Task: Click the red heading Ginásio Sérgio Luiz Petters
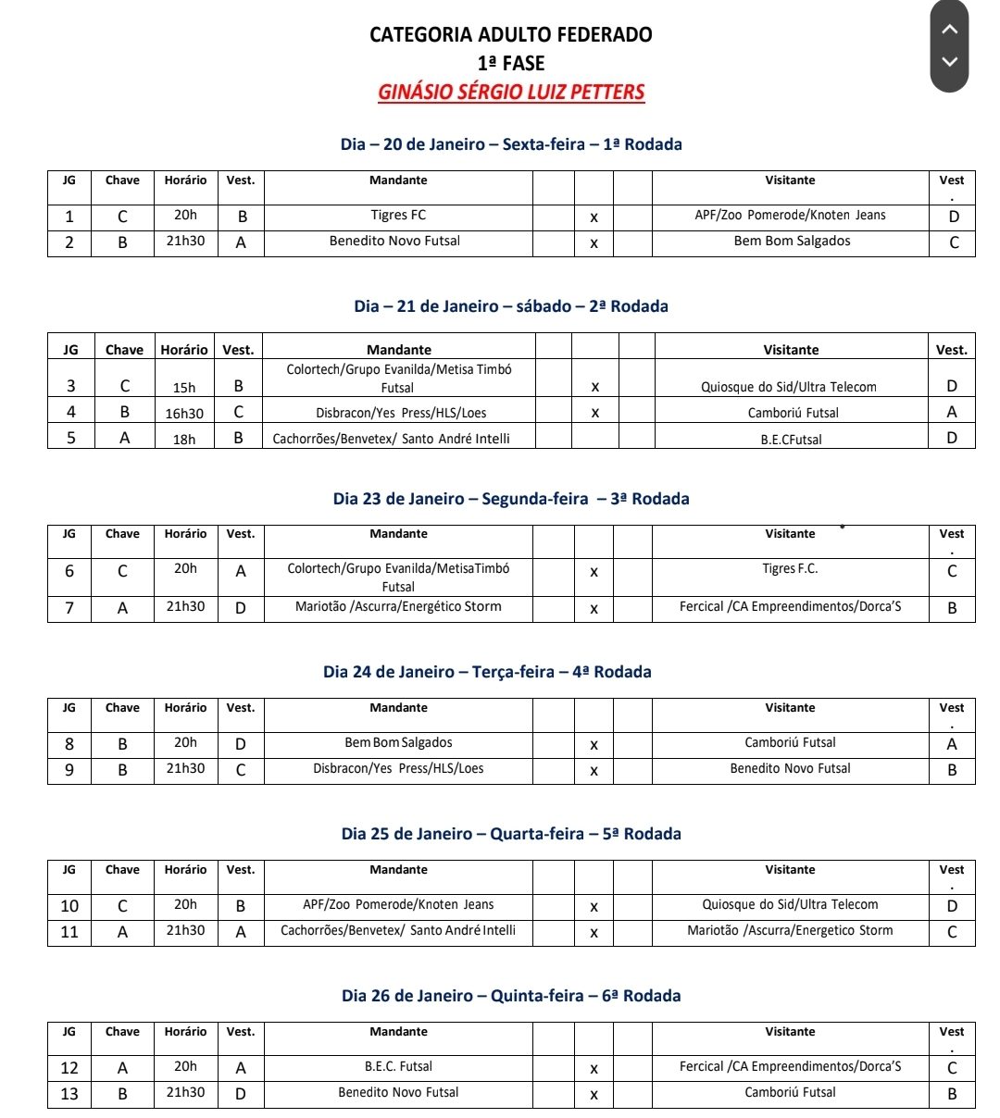pos(511,93)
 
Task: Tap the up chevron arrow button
pos(948,29)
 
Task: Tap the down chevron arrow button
pos(948,62)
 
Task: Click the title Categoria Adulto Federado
pos(511,35)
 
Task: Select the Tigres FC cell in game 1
pos(398,216)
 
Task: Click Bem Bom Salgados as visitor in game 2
pos(792,242)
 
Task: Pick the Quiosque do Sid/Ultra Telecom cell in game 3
pos(789,387)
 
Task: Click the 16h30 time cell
pos(184,414)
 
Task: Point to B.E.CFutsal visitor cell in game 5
pos(791,440)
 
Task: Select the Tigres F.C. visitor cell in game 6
pos(790,569)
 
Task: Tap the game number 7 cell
pos(69,608)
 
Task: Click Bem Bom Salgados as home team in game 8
pos(398,743)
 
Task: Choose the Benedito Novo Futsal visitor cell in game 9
pos(790,769)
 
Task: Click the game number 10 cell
pos(69,906)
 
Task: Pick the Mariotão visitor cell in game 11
pos(790,931)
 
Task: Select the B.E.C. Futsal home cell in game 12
pos(398,1067)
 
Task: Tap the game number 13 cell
pos(69,1094)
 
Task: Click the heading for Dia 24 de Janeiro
pos(487,672)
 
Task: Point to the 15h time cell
pos(184,388)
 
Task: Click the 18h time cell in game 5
pos(184,440)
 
